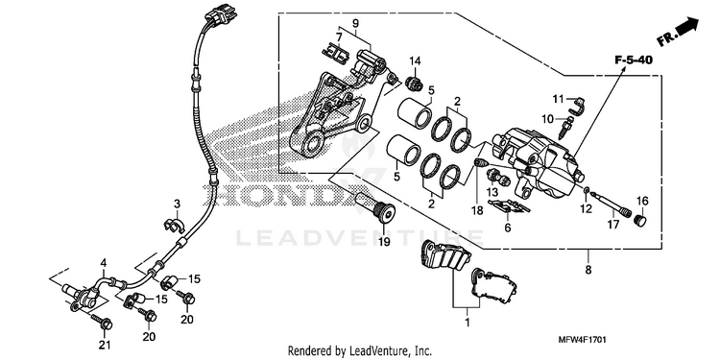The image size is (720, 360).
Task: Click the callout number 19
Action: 384,240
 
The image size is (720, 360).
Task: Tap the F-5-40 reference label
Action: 635,60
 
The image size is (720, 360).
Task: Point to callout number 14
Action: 415,61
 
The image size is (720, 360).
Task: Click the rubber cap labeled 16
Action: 639,220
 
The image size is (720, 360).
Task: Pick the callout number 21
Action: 106,344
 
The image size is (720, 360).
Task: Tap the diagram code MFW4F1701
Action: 583,340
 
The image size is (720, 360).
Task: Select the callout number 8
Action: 588,270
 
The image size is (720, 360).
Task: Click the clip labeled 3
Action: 174,225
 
